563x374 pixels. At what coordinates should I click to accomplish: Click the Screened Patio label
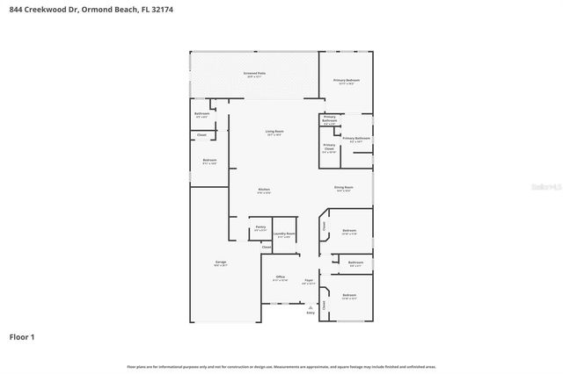pyautogui.click(x=255, y=74)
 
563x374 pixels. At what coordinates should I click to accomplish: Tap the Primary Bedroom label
pyautogui.click(x=346, y=82)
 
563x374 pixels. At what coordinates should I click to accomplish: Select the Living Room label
pyautogui.click(x=274, y=133)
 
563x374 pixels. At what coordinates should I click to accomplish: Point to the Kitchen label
pyautogui.click(x=264, y=191)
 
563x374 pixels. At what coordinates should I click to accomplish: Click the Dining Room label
pyautogui.click(x=343, y=188)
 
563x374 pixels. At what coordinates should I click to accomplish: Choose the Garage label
pyautogui.click(x=220, y=263)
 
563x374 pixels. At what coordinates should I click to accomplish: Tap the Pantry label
pyautogui.click(x=260, y=228)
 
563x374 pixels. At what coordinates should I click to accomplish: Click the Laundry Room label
pyautogui.click(x=283, y=234)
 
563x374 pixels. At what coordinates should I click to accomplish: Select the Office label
pyautogui.click(x=280, y=278)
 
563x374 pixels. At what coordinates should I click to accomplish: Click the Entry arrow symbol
pyautogui.click(x=310, y=306)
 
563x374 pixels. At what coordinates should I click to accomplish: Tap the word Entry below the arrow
pyautogui.click(x=310, y=313)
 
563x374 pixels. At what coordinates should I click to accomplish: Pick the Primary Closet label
pyautogui.click(x=329, y=147)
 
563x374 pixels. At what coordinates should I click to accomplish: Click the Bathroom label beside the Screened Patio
pyautogui.click(x=201, y=115)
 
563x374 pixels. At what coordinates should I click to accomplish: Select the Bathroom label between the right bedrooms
pyautogui.click(x=355, y=263)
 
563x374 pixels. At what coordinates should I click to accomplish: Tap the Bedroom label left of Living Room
pyautogui.click(x=209, y=162)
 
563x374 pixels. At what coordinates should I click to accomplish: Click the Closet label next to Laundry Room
pyautogui.click(x=266, y=248)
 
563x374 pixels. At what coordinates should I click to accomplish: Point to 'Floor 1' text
pyautogui.click(x=21, y=337)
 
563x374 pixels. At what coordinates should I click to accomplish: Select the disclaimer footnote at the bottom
pyautogui.click(x=281, y=366)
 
